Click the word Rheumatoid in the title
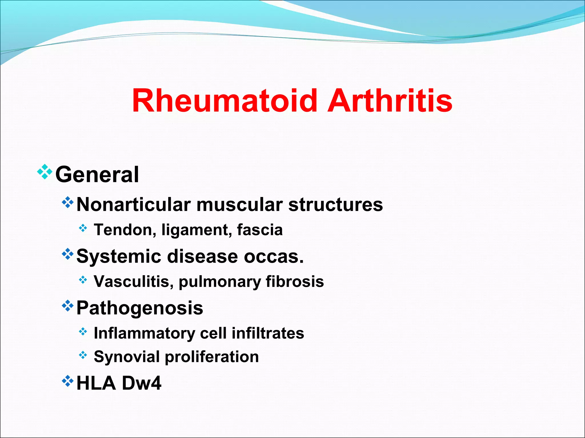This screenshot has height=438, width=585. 225,101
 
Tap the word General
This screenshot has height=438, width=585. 97,175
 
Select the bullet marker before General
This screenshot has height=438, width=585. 45,172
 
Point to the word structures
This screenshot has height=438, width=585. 335,205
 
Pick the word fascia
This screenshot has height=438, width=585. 260,230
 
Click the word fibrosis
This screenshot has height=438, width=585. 295,282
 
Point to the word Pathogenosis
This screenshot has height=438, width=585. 140,308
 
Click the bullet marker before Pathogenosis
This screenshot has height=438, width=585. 68,305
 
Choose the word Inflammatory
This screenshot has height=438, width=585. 145,333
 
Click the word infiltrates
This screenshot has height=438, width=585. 268,333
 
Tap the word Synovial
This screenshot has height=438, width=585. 127,357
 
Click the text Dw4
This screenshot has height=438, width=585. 141,383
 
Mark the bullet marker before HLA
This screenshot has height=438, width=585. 68,381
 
